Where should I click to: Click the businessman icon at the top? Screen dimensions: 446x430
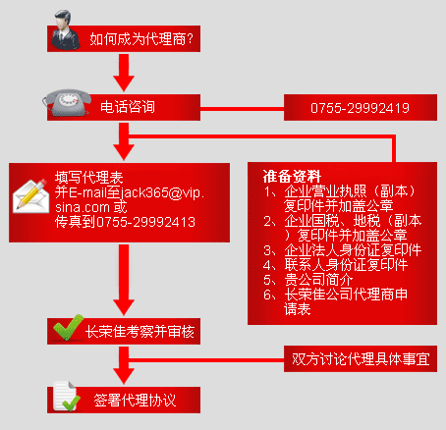(66, 30)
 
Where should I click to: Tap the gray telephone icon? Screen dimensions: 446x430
(67, 102)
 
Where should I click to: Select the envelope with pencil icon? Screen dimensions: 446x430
(29, 196)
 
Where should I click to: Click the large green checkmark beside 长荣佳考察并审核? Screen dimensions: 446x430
(68, 327)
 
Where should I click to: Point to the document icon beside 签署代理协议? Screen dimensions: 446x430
(67, 396)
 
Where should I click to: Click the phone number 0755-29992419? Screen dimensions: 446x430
(360, 108)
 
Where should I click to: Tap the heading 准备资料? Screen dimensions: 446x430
(292, 177)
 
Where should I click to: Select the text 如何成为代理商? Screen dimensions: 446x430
(141, 39)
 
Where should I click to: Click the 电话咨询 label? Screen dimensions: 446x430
(128, 107)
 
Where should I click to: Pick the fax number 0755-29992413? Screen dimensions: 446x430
(145, 222)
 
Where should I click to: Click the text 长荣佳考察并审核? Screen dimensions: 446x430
(139, 332)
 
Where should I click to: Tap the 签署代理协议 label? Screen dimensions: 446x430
(135, 400)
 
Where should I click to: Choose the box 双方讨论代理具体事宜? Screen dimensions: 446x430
(361, 358)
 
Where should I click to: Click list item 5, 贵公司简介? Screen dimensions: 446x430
(308, 280)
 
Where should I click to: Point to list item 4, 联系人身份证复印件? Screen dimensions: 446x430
(336, 265)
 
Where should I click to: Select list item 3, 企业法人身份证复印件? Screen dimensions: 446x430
(343, 250)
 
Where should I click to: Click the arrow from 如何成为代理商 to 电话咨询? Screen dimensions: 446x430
(124, 73)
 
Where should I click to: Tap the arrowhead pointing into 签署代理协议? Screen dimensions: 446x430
(124, 376)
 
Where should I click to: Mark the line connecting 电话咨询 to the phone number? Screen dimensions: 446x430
(242, 109)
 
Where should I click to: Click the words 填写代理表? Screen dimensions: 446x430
(89, 178)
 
